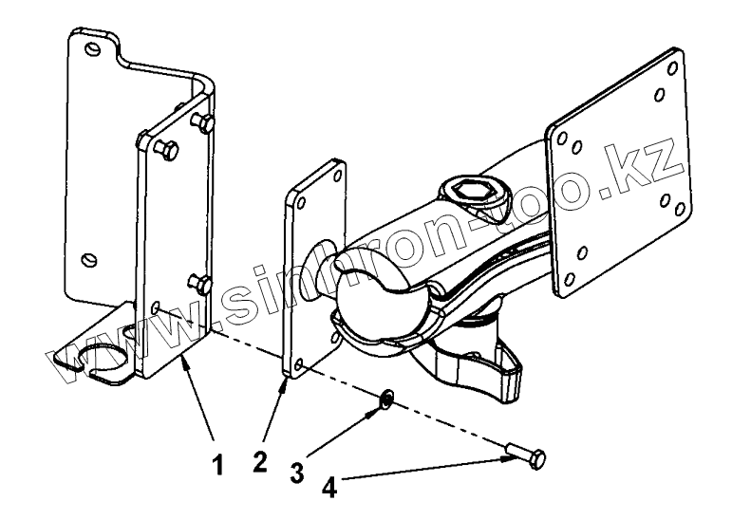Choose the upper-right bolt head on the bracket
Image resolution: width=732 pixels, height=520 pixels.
(x=202, y=121)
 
